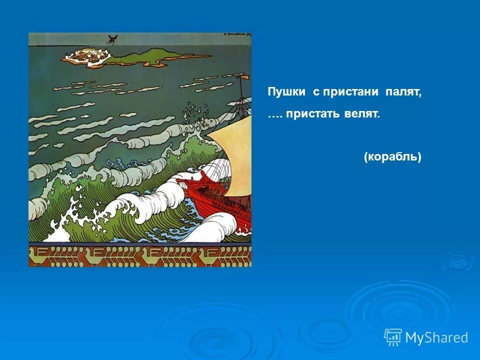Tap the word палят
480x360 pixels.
pos(403,93)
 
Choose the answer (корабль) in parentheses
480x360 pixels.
pos(392,157)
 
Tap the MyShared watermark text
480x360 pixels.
pos(436,337)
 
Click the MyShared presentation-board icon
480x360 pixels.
pos(392,337)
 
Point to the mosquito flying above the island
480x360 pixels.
pos(111,39)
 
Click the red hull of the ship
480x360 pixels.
pos(220,200)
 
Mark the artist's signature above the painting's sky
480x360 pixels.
pos(235,35)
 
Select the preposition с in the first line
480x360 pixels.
pos(315,93)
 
